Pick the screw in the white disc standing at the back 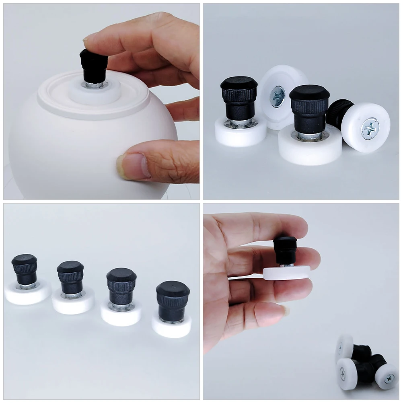(x=277, y=97)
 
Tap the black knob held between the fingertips (x=285, y=249)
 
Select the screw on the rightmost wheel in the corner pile (x=389, y=378)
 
